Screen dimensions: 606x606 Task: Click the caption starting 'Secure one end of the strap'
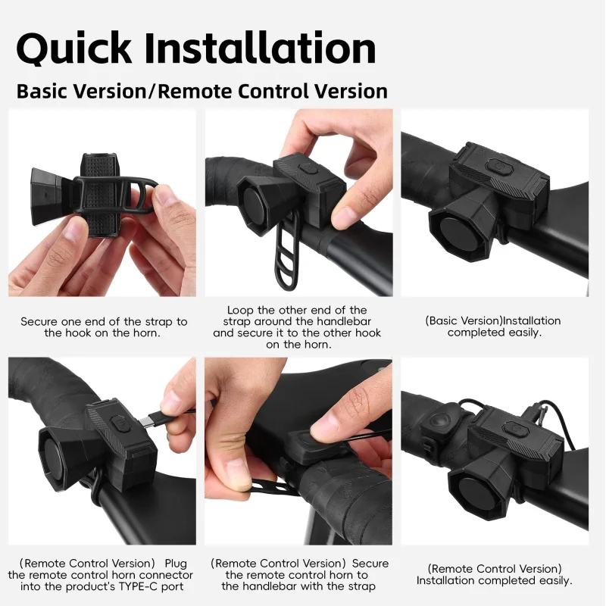(104, 327)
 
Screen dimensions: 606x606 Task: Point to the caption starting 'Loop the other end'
(297, 327)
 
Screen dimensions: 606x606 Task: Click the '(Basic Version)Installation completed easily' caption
(493, 326)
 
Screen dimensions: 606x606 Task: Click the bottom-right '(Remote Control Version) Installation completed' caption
(495, 574)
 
